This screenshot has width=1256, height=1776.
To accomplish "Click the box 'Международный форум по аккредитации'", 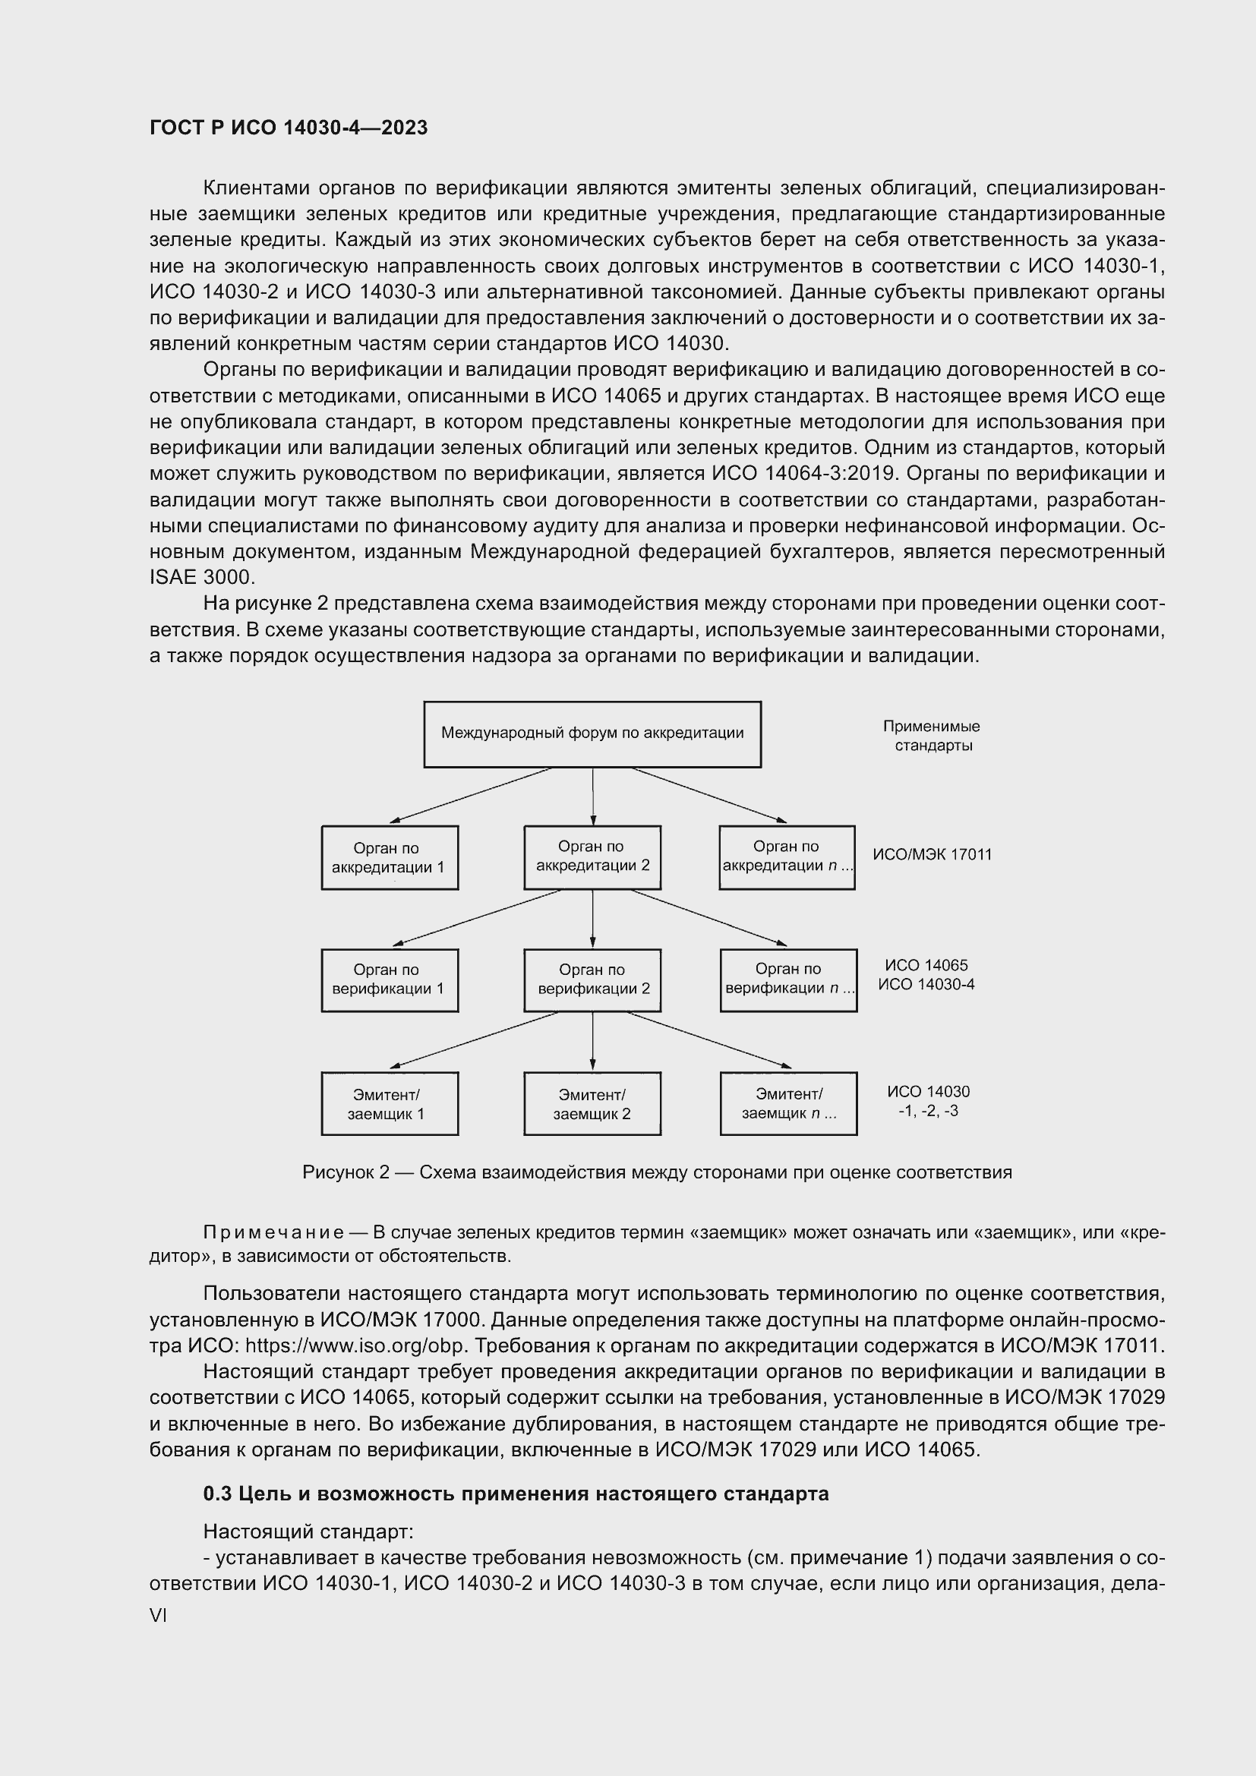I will coord(592,733).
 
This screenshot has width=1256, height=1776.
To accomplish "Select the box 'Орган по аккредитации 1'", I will coord(389,857).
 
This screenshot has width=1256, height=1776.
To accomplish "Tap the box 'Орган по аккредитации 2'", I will coord(592,856).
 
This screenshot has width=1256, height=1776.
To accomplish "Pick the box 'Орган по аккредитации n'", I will coord(787,856).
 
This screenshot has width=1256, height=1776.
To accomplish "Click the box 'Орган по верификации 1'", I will coord(389,979).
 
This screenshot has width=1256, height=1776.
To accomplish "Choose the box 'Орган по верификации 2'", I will coord(592,979).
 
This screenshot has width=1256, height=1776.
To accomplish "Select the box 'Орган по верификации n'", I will coord(788,979).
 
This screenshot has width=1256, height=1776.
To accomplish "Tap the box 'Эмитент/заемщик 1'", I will coord(389,1104).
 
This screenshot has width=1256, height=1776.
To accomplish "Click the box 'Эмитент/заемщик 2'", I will coord(592,1104).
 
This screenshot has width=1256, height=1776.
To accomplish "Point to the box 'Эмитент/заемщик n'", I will coord(788,1104).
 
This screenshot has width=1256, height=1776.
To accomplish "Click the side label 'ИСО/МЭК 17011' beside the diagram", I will coord(932,855).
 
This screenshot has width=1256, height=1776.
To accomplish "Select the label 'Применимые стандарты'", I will coord(931,736).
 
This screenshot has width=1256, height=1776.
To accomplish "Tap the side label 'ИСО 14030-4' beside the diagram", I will coord(926,985).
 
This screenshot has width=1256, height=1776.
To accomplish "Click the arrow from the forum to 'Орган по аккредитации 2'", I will coord(592,797).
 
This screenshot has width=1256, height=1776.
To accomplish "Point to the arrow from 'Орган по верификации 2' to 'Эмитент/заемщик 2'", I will coord(592,1041).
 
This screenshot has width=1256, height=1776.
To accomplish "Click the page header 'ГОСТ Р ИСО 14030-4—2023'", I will coord(289,128).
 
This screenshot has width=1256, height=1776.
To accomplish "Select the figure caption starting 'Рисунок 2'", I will coord(657,1172).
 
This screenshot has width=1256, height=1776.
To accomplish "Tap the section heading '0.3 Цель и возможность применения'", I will coord(515,1493).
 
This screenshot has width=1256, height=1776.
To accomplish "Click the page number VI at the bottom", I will coord(158,1616).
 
